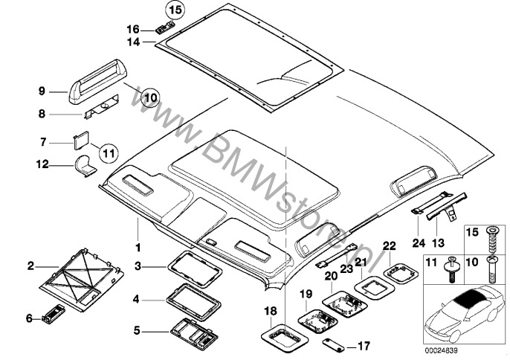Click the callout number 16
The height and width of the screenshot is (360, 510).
tap(145, 30)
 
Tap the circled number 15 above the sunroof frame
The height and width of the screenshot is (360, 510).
tap(173, 10)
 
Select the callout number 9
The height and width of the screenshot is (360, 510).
tap(42, 91)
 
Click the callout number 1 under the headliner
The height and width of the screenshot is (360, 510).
tap(136, 245)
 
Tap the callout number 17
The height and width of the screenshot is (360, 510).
tap(363, 345)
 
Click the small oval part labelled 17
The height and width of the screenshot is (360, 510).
tap(333, 344)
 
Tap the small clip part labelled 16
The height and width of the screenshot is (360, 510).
tap(166, 30)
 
